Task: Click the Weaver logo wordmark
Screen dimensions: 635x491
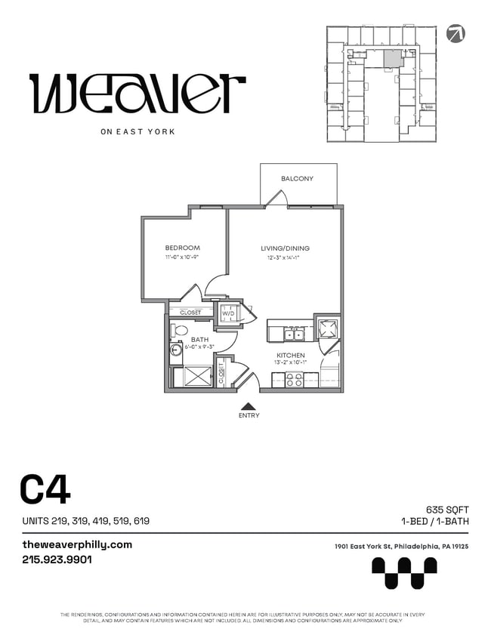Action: [137, 94]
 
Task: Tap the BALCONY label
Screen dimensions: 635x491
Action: [297, 179]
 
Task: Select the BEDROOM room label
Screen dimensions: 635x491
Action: [182, 248]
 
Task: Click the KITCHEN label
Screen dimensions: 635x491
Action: [290, 355]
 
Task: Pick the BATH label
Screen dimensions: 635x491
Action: [199, 340]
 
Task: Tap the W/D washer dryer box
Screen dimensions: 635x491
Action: [227, 313]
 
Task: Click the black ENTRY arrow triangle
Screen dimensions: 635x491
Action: [249, 405]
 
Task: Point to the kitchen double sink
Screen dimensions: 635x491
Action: [294, 335]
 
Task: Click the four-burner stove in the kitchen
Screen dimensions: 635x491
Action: [294, 380]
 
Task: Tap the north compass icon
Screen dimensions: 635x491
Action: [456, 33]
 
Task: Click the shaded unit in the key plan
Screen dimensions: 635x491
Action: [391, 60]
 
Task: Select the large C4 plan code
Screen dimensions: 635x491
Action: [45, 489]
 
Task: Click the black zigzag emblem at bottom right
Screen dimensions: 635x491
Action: [404, 572]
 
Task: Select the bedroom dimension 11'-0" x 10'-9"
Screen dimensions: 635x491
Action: [182, 257]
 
